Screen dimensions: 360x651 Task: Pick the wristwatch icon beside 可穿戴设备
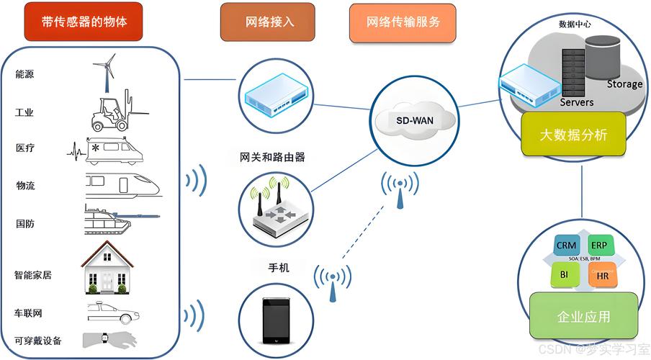[104, 339]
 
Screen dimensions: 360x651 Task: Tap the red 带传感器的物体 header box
[85, 22]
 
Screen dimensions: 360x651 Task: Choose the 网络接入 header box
[267, 22]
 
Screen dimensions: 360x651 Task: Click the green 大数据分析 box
[573, 135]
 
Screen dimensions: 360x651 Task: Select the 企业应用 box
[583, 316]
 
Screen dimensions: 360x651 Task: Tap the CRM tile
[567, 246]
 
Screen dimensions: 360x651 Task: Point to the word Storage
[624, 84]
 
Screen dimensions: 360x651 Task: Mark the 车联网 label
[28, 314]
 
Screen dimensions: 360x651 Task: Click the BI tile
[565, 274]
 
